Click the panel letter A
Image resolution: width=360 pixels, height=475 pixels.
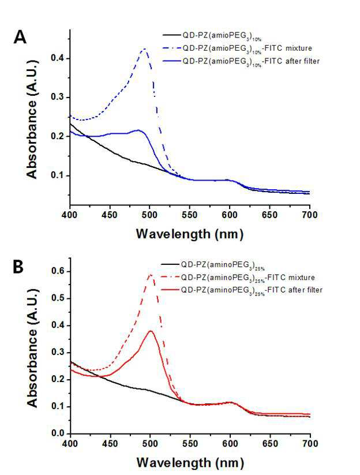pos(20,38)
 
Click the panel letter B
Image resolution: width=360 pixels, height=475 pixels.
pos(18,267)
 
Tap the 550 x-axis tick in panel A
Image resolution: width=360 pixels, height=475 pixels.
pos(190,215)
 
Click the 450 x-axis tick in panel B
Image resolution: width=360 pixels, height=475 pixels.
pos(110,444)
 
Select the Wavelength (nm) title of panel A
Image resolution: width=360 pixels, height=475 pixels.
pos(190,234)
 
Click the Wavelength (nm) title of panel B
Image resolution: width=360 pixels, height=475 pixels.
pos(190,462)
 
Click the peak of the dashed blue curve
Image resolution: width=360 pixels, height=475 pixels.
pos(145,49)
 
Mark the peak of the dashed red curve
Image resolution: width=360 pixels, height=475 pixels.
pos(151,275)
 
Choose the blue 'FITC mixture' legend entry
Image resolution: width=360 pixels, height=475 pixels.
pos(237,48)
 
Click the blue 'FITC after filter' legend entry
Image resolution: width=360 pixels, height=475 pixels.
pos(241,62)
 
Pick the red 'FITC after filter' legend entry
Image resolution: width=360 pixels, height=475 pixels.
pos(242,290)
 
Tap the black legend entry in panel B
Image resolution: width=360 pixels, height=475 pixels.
pos(213,265)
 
